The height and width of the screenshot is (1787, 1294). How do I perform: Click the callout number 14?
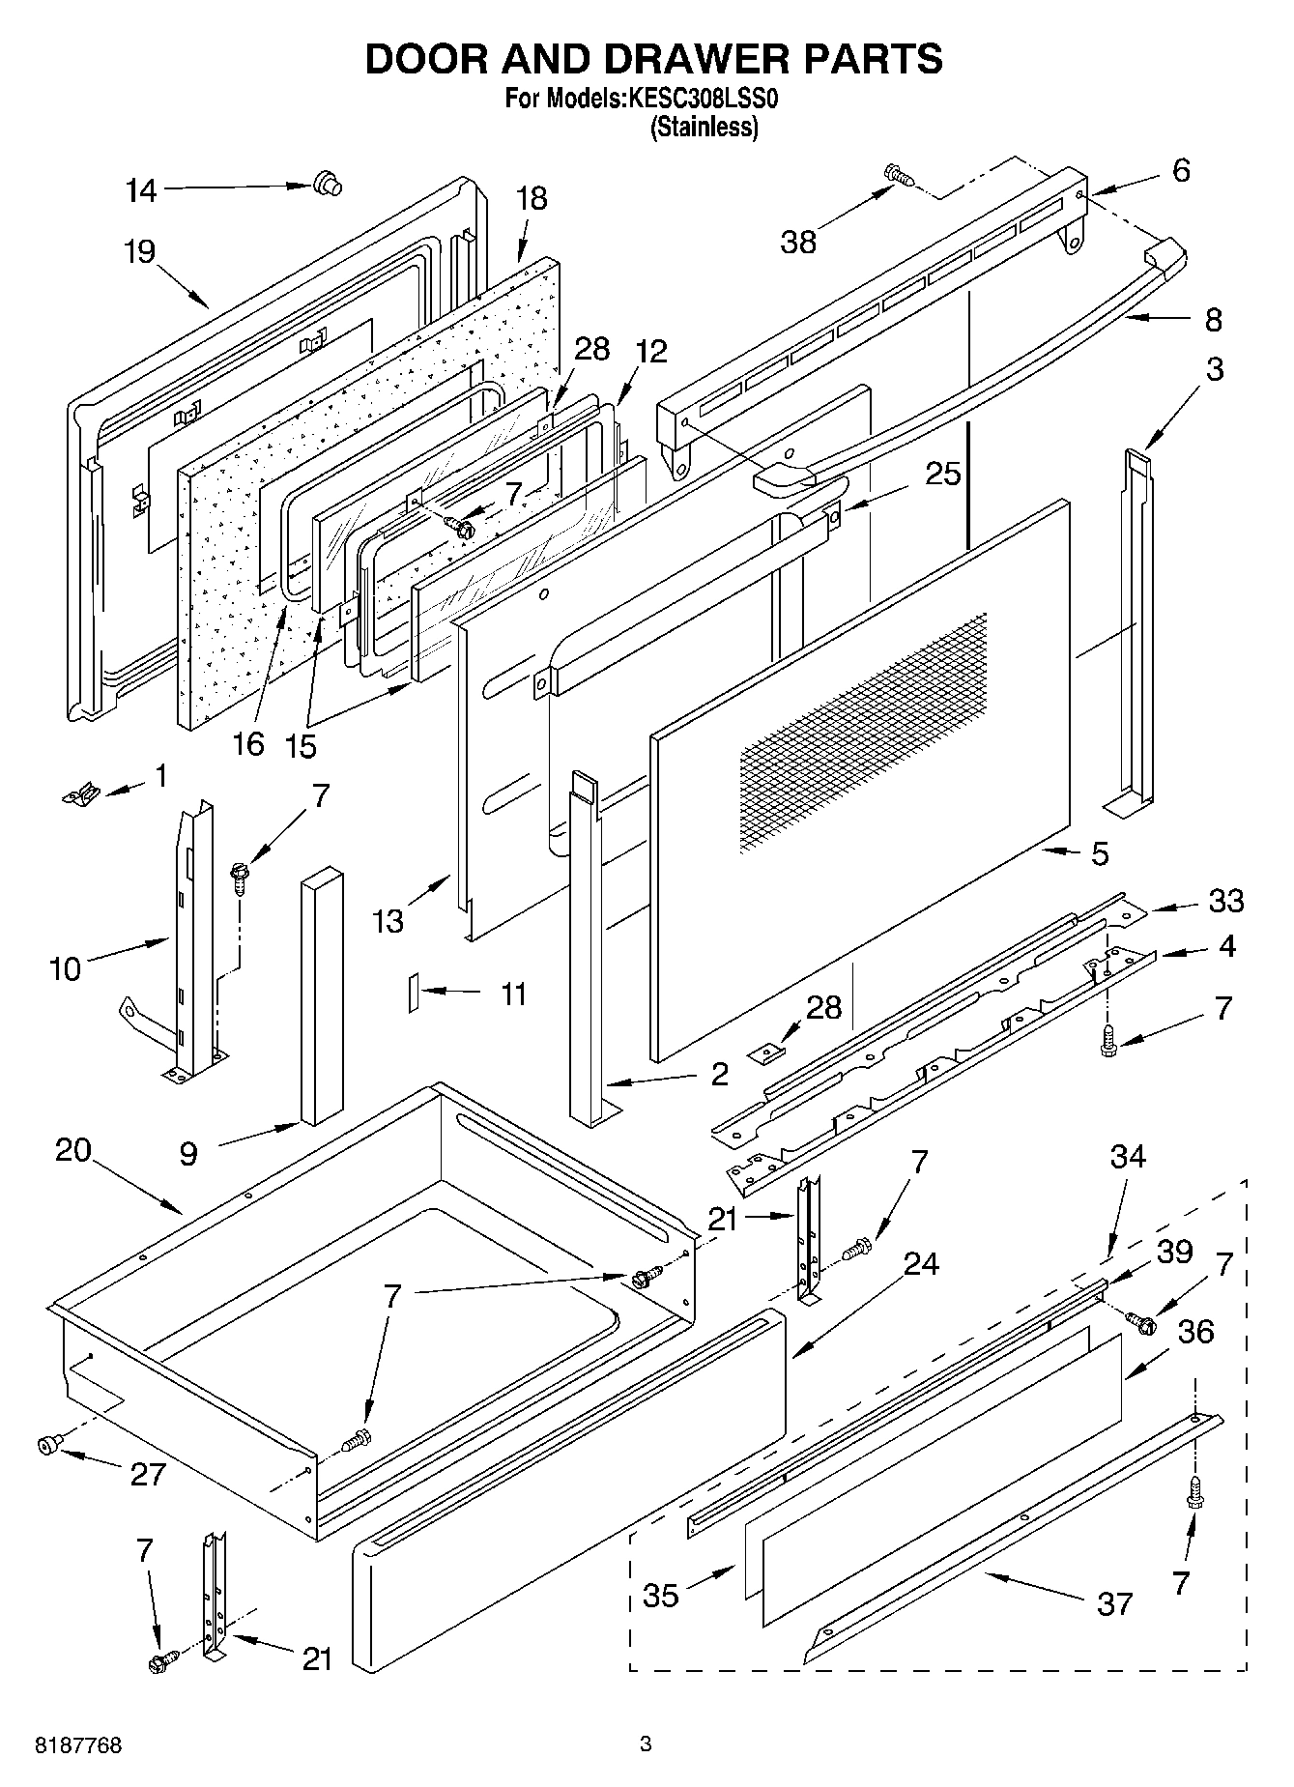coord(141,190)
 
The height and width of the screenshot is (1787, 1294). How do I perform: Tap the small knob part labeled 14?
coord(328,183)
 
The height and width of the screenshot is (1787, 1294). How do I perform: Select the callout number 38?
coord(799,242)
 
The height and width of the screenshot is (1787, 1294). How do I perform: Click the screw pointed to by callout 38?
coord(899,175)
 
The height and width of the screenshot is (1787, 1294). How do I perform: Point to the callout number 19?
coord(139,252)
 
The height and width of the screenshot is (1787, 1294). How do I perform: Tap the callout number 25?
coord(943,474)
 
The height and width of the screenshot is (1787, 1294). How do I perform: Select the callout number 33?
coord(1226,901)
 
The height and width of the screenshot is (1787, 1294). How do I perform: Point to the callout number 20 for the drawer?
coord(72,1150)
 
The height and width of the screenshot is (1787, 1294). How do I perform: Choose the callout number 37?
coord(1113,1604)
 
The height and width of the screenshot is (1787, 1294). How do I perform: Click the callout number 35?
coord(661,1595)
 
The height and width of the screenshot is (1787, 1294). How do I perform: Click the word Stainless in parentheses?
coord(705,127)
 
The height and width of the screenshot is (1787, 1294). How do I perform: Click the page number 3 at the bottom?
coord(646,1744)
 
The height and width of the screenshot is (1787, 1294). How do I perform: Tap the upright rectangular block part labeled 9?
coord(321,995)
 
